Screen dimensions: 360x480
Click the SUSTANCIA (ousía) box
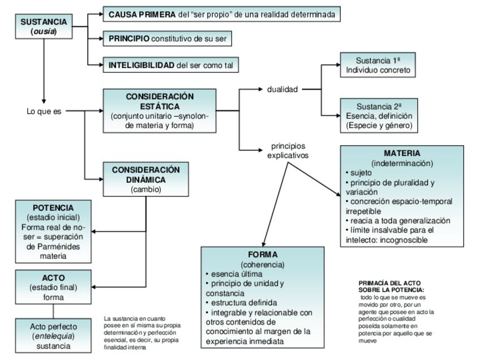point(43,26)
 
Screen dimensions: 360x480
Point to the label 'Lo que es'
point(42,112)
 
